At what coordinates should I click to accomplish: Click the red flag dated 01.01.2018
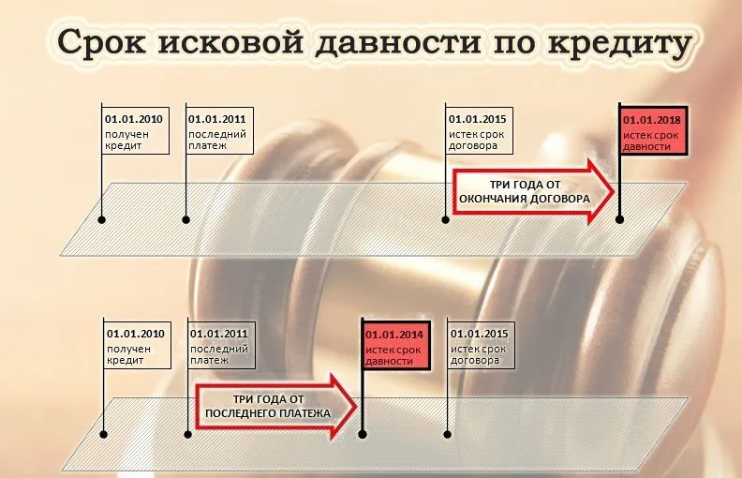pos(654,132)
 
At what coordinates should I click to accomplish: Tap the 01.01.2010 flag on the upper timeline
pos(135,132)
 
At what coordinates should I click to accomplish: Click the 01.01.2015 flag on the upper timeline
pos(478,132)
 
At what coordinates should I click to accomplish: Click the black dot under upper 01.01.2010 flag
pos(102,220)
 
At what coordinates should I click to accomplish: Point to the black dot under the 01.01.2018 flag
pos(619,220)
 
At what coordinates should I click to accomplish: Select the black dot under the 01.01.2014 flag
pos(362,433)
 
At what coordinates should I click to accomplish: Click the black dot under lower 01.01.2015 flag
pos(447,433)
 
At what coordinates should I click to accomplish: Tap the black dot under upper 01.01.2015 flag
pos(445,220)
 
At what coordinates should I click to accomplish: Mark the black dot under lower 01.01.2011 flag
pos(187,433)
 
